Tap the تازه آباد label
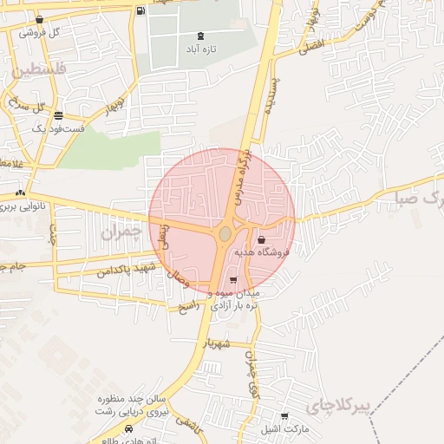pyautogui.click(x=201, y=49)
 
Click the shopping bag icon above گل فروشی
pyautogui.click(x=39, y=20)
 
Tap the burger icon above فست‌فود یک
pyautogui.click(x=58, y=115)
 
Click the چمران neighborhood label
pyautogui.click(x=119, y=232)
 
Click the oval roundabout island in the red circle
pyautogui.click(x=225, y=234)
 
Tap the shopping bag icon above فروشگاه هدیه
pyautogui.click(x=261, y=240)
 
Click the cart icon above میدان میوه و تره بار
pyautogui.click(x=232, y=280)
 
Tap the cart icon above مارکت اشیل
pyautogui.click(x=284, y=417)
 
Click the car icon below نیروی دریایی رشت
pyautogui.click(x=128, y=428)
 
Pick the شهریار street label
pyautogui.click(x=218, y=343)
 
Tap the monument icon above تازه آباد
pyautogui.click(x=201, y=36)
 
